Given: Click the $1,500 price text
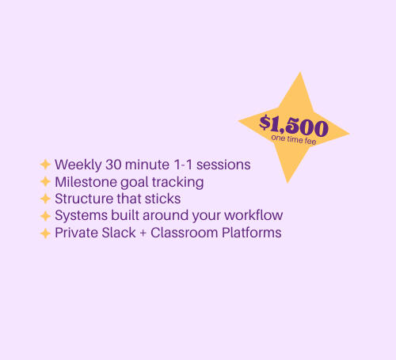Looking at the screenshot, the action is pyautogui.click(x=294, y=126).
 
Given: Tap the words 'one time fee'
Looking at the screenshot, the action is pyautogui.click(x=294, y=139).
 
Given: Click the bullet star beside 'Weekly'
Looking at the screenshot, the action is pyautogui.click(x=45, y=165).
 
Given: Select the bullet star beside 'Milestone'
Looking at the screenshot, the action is pyautogui.click(x=45, y=182).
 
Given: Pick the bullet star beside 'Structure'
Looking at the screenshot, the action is pyautogui.click(x=45, y=199).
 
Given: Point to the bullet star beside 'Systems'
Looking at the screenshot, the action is pyautogui.click(x=45, y=216).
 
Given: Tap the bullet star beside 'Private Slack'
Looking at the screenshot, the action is pyautogui.click(x=45, y=233).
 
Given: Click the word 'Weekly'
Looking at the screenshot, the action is pyautogui.click(x=78, y=165).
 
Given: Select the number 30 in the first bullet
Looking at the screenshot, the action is pyautogui.click(x=113, y=165).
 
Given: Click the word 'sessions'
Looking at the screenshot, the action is pyautogui.click(x=223, y=165).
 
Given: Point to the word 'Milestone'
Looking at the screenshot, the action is pyautogui.click(x=86, y=182).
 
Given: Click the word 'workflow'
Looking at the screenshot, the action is pyautogui.click(x=253, y=215).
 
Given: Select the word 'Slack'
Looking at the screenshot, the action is pyautogui.click(x=119, y=233).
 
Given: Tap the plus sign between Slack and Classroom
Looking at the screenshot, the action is pyautogui.click(x=143, y=233).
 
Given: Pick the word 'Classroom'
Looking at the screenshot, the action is pyautogui.click(x=185, y=233).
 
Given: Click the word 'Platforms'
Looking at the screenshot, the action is pyautogui.click(x=252, y=233).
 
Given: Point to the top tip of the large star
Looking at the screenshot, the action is pyautogui.click(x=300, y=72).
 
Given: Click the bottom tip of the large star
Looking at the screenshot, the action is pyautogui.click(x=287, y=183).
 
